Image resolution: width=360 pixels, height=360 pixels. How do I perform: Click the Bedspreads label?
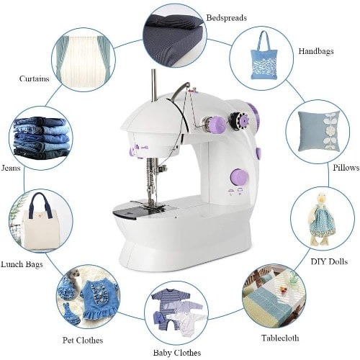point(227,17)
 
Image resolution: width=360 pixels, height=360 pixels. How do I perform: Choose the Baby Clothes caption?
point(176,351)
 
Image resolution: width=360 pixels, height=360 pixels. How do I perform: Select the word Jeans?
point(11,168)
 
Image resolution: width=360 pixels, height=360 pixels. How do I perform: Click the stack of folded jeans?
point(41,138)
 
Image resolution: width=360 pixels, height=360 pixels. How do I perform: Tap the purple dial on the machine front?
point(239,177)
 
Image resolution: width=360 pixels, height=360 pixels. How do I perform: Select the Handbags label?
point(315,52)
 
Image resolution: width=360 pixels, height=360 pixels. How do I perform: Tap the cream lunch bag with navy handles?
point(41,223)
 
